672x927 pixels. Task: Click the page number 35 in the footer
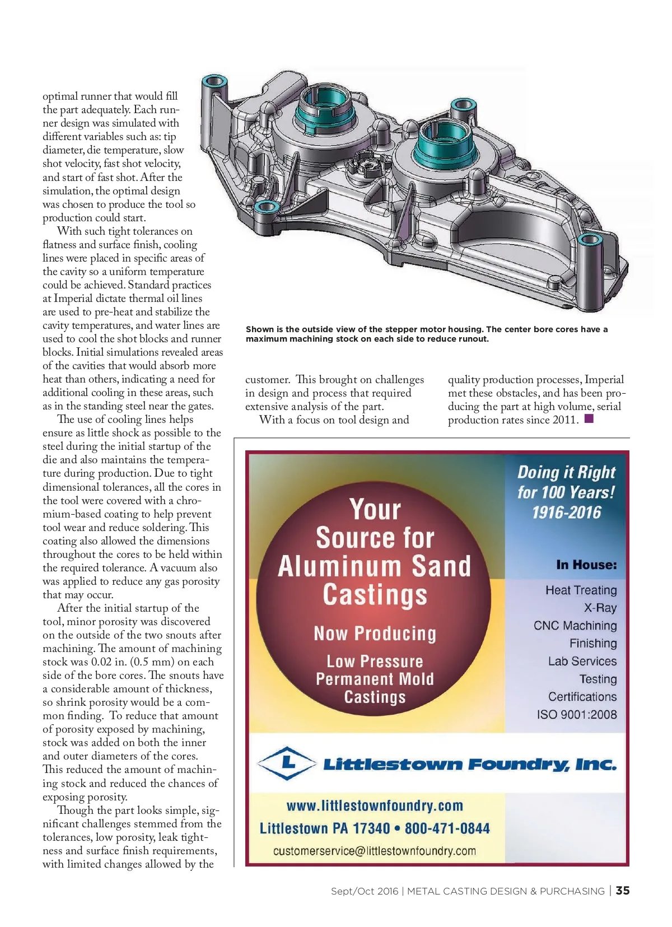click(x=623, y=891)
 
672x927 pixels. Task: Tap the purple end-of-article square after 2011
click(x=589, y=418)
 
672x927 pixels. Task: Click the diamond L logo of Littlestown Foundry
click(x=287, y=763)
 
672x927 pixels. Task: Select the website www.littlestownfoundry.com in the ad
click(x=375, y=805)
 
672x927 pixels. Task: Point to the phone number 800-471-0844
click(x=447, y=828)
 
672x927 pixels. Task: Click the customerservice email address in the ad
click(x=374, y=851)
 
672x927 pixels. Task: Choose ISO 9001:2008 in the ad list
click(x=576, y=715)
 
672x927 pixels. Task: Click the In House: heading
click(x=586, y=565)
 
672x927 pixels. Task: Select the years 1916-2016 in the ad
click(x=566, y=513)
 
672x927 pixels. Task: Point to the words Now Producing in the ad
click(x=375, y=633)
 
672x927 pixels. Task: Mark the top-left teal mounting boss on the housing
click(x=213, y=82)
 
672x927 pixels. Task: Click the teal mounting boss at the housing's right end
click(x=590, y=241)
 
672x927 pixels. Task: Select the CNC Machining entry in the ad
click(x=575, y=626)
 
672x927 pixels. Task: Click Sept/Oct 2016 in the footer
click(x=364, y=891)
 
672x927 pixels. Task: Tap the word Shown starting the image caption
click(x=260, y=329)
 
